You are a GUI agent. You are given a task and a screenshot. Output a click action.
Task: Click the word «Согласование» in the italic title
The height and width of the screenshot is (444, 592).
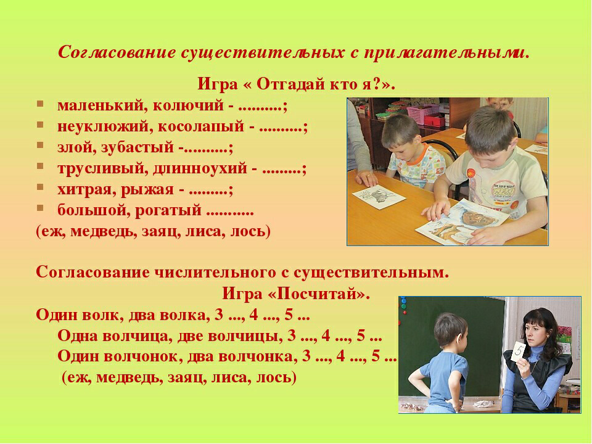click(x=117, y=52)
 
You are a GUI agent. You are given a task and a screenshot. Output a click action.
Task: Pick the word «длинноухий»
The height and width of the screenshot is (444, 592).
click(x=200, y=168)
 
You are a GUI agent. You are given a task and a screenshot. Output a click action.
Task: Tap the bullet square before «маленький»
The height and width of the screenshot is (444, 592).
click(x=40, y=104)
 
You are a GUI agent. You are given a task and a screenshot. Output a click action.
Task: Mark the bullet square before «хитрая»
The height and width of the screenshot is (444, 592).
click(x=40, y=187)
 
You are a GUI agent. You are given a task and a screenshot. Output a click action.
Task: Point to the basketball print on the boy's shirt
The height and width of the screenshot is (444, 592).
click(x=470, y=173)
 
